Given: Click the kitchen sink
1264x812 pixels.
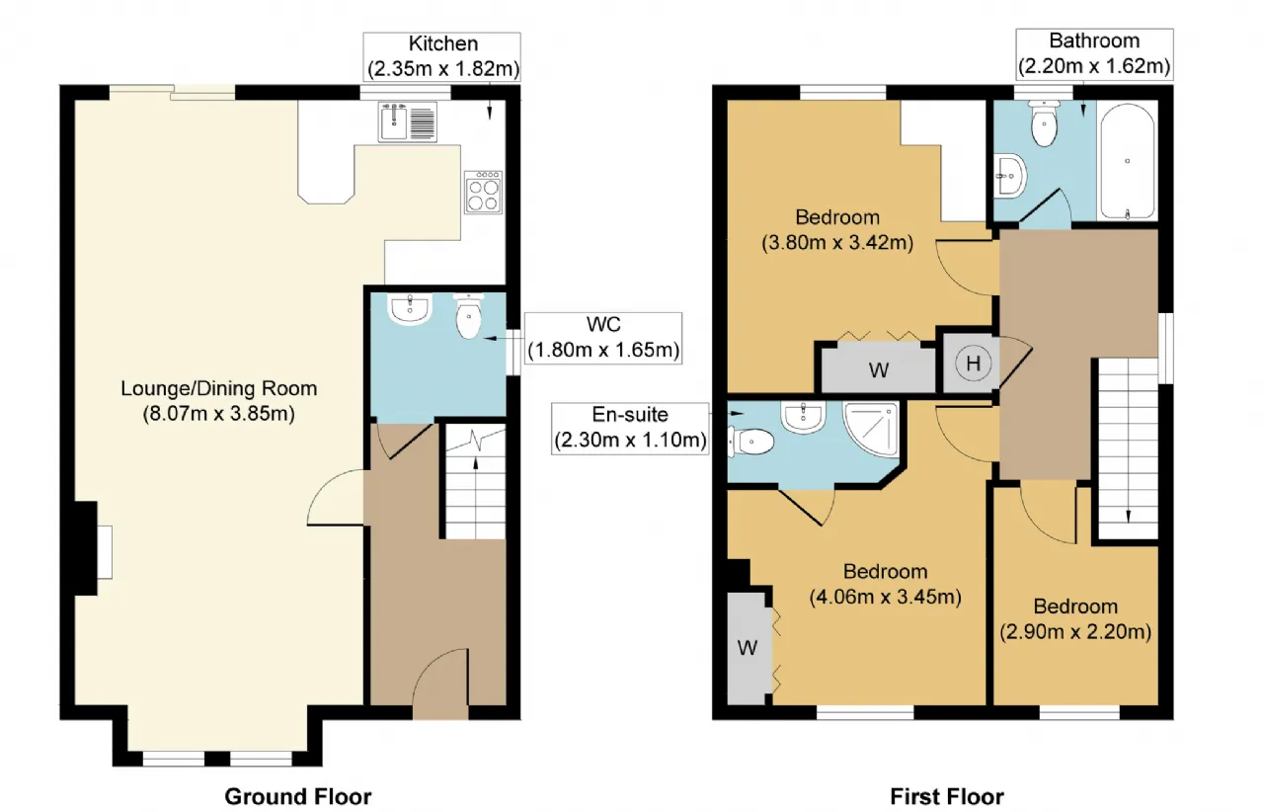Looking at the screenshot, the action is (x=408, y=122).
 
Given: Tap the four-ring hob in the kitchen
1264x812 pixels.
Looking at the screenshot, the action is (x=484, y=193).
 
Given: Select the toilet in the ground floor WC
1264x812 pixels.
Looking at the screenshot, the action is (x=468, y=316).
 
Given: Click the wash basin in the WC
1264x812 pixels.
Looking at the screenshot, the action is (x=410, y=309).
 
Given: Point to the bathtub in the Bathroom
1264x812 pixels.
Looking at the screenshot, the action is (x=1128, y=161).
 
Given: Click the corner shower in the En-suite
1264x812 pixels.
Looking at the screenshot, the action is (x=871, y=429).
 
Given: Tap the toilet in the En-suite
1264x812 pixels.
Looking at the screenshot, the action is (x=750, y=442).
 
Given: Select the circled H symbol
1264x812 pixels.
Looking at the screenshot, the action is (x=973, y=364).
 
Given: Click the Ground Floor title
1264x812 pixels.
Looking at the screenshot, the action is (x=298, y=797).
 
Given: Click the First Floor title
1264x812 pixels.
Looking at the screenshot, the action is (x=947, y=797).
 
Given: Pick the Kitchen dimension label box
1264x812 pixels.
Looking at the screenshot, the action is (x=441, y=57).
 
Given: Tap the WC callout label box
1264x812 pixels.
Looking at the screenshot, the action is (x=603, y=338).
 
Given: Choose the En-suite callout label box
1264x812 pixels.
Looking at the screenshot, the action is (x=630, y=428).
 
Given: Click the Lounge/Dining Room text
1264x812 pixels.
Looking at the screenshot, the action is (x=219, y=388).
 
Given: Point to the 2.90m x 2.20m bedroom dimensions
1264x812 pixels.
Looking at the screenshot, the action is (x=1075, y=631).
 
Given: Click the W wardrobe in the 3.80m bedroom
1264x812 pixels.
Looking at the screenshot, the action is (x=879, y=369).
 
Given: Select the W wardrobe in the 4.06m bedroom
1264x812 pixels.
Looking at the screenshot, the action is (x=748, y=648).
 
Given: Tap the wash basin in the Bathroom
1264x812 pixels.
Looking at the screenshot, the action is (x=1009, y=175).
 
